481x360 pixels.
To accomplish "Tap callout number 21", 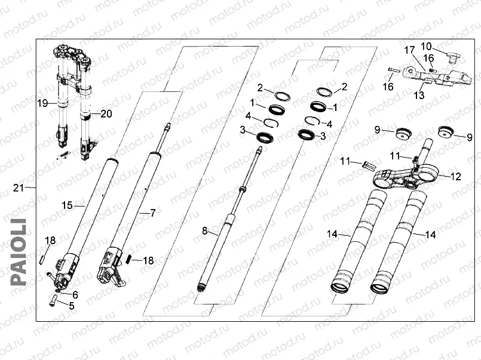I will (19, 189).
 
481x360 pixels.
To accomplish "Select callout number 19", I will (42, 103).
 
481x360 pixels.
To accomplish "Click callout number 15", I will (68, 205).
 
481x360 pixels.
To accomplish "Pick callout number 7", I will (152, 213).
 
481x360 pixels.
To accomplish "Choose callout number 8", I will (204, 230).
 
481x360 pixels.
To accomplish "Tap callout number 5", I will (72, 306).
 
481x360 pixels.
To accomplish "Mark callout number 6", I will (75, 294).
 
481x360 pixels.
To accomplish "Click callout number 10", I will (426, 46).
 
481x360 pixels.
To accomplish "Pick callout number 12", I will (456, 177).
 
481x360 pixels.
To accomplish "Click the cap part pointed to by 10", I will (452, 58).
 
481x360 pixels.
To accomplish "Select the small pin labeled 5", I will (54, 301).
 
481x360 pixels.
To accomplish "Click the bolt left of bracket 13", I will (392, 71).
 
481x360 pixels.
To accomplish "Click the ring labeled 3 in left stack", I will (263, 138).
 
